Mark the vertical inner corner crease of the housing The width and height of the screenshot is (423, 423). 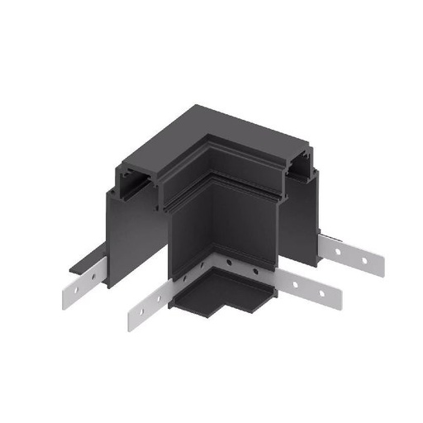[168, 248]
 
